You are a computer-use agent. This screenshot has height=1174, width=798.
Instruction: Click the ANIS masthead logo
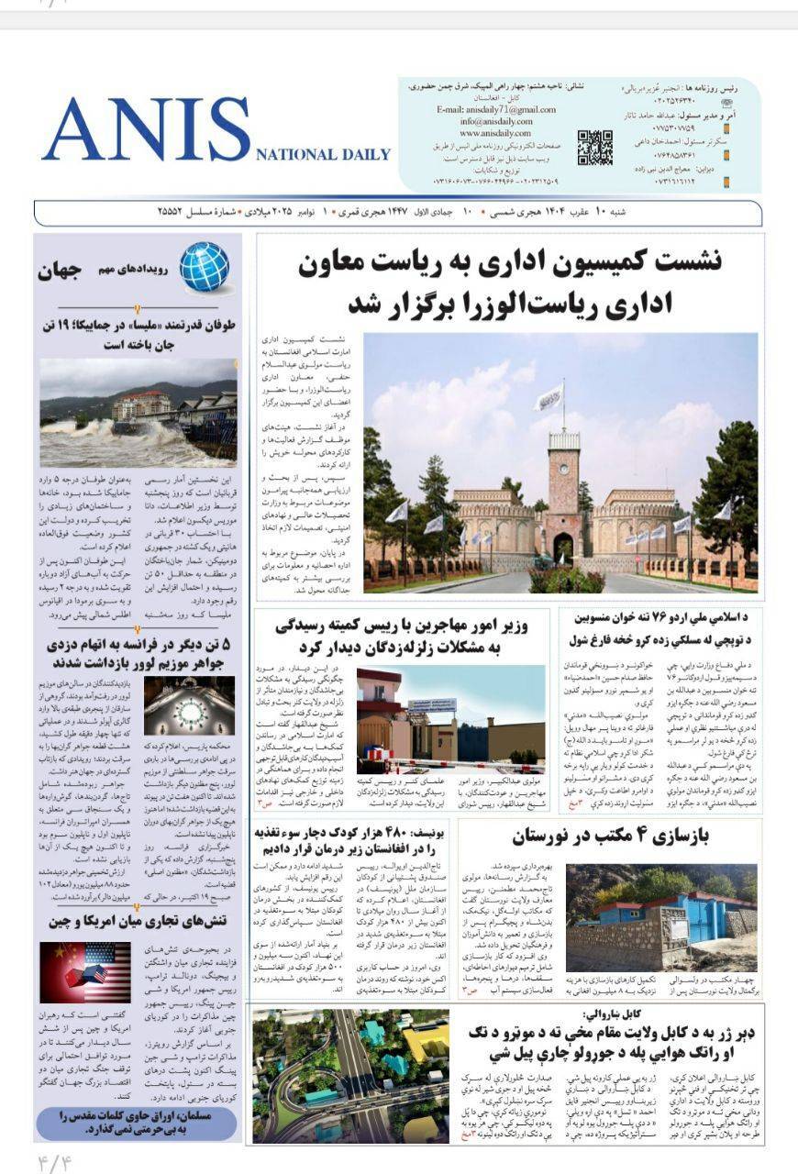tap(147, 128)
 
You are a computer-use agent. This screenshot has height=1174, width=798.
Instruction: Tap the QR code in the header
tap(594, 147)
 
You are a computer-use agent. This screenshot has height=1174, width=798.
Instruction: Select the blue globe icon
tap(204, 267)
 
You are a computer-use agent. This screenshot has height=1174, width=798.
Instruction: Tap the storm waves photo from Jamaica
tap(138, 413)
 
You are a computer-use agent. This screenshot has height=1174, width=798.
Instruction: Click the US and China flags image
tap(84, 972)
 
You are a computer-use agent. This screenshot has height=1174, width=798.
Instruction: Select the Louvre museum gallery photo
tap(189, 705)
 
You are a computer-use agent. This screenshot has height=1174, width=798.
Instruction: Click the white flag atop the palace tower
tap(549, 397)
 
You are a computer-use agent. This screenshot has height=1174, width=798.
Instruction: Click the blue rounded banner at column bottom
tap(137, 1124)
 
